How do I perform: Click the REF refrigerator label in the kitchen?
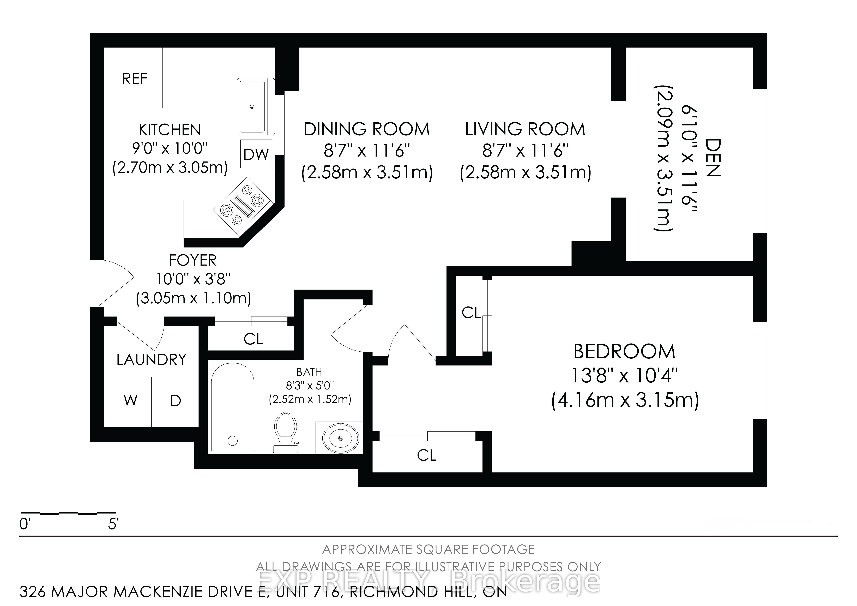[135, 79]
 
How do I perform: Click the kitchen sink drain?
[252, 107]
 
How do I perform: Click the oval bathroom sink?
[341, 438]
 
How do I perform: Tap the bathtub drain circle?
[233, 441]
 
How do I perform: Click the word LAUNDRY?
[151, 359]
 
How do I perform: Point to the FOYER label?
[193, 260]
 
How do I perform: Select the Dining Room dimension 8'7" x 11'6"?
[367, 151]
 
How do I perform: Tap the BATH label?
[309, 372]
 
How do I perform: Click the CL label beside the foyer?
[254, 339]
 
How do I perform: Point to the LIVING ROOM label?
[525, 129]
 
